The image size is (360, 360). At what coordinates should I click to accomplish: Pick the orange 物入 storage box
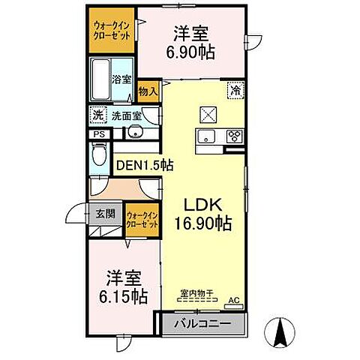[x=148, y=91]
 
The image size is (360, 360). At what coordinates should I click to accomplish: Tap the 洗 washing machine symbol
[x=97, y=115]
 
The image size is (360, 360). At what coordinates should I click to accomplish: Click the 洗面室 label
[x=127, y=115]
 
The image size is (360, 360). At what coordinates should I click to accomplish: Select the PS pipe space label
[x=98, y=134]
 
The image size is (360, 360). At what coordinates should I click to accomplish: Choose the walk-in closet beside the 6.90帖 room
[x=112, y=31]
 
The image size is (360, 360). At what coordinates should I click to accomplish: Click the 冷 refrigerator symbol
[x=235, y=89]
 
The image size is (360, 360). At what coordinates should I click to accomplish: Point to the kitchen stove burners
[x=233, y=136]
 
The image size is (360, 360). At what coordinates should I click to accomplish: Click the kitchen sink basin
[x=205, y=136]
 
